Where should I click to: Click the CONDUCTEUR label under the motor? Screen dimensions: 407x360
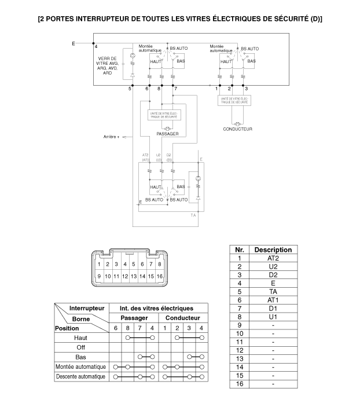[237, 129]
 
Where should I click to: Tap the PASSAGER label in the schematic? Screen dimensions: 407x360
[167, 134]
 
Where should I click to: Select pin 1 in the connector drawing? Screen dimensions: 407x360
[100, 264]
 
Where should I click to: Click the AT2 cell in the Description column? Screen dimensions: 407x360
[273, 258]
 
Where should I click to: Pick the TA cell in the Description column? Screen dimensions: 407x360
[273, 292]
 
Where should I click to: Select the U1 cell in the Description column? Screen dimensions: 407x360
[273, 317]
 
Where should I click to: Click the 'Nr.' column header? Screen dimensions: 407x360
[239, 250]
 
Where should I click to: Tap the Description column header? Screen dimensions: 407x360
[273, 250]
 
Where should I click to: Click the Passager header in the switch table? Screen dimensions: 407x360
[134, 318]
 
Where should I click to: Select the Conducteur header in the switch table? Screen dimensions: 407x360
[183, 318]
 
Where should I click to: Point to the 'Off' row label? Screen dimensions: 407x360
[81, 347]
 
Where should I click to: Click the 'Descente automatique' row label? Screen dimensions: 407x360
[81, 377]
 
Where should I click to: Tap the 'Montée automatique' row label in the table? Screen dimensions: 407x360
[81, 366]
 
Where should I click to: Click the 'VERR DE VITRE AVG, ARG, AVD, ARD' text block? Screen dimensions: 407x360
[108, 65]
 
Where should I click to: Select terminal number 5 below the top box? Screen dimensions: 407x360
[130, 89]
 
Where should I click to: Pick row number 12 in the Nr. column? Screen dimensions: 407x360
[239, 350]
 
